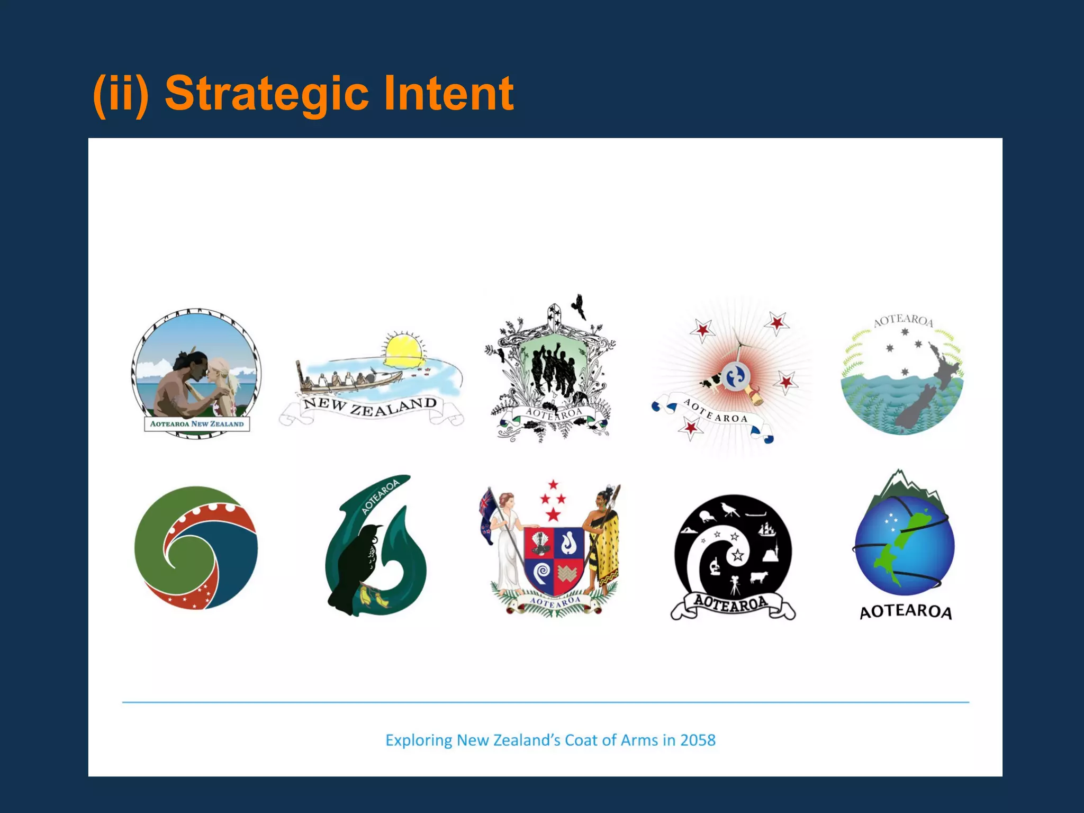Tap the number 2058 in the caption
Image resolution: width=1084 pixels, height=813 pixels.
pos(698,740)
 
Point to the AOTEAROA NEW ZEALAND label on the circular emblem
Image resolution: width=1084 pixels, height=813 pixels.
pos(197,424)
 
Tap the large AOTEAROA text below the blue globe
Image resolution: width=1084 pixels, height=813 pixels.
pos(906,612)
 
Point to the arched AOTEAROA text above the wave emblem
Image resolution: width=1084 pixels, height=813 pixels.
pos(903,320)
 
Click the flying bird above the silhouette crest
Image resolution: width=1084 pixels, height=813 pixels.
pos(580,306)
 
